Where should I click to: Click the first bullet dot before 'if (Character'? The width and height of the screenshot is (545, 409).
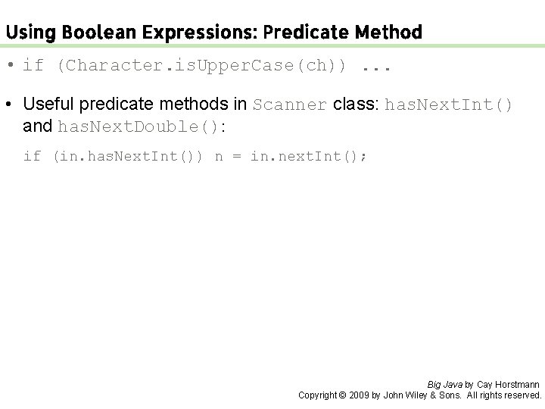click(x=12, y=65)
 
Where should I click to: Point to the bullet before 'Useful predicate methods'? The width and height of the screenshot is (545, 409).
click(x=12, y=105)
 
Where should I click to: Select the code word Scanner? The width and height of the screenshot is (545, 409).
click(x=291, y=105)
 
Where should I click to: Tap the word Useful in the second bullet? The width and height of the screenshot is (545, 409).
click(x=49, y=105)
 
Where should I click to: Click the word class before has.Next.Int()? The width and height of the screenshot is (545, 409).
click(x=357, y=105)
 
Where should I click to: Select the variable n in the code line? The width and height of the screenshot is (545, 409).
click(x=219, y=157)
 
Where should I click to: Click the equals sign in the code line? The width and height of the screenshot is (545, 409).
click(x=235, y=157)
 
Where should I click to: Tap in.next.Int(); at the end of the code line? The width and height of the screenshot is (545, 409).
click(x=310, y=157)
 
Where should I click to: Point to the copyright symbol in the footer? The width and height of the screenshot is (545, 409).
click(x=341, y=395)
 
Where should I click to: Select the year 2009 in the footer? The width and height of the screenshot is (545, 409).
click(x=360, y=395)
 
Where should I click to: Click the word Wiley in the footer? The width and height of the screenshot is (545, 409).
click(x=418, y=395)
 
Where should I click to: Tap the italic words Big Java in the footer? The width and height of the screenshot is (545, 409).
click(x=445, y=385)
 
